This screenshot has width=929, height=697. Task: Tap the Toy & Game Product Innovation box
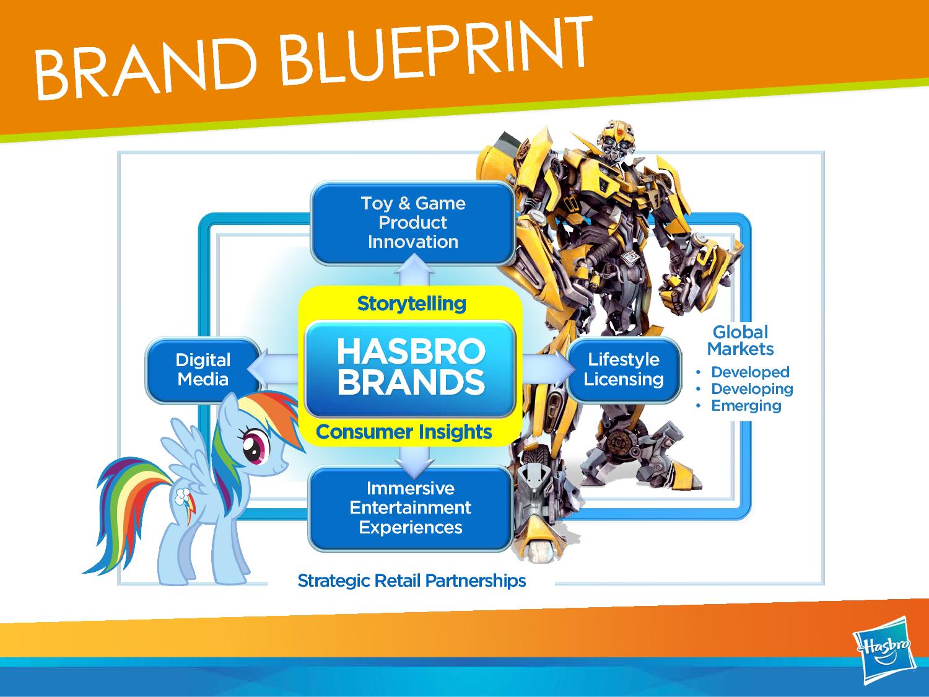coord(412,223)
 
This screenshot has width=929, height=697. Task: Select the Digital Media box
coord(203,370)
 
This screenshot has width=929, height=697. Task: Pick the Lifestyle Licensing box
coord(624,369)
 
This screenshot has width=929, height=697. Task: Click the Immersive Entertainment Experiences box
coord(411,508)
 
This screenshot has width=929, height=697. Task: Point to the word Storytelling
coord(411,304)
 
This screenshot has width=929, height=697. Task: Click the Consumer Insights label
coord(404,432)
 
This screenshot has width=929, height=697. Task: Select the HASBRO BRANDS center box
coord(411,368)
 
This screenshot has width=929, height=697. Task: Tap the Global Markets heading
coord(740,341)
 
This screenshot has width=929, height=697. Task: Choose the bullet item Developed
coord(750,372)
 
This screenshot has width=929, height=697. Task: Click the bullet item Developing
coord(752,389)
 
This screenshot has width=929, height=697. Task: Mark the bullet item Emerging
coord(746,405)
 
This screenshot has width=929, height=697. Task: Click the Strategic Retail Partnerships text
coord(411,581)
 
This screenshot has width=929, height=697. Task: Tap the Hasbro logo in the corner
coord(884,650)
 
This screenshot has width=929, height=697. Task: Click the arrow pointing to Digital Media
coord(273,369)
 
